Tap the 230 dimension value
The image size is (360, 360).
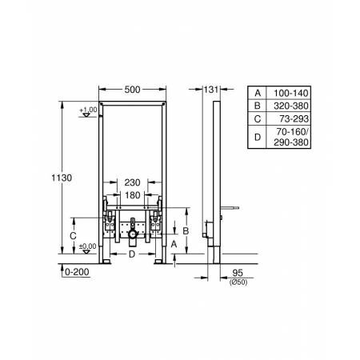(x=133, y=182)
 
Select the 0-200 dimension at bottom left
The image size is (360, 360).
(x=76, y=272)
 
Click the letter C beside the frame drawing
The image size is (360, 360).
(x=72, y=237)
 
